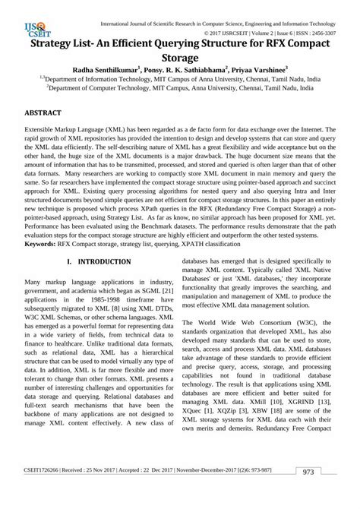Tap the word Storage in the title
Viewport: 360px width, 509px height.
[x=179, y=57]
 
